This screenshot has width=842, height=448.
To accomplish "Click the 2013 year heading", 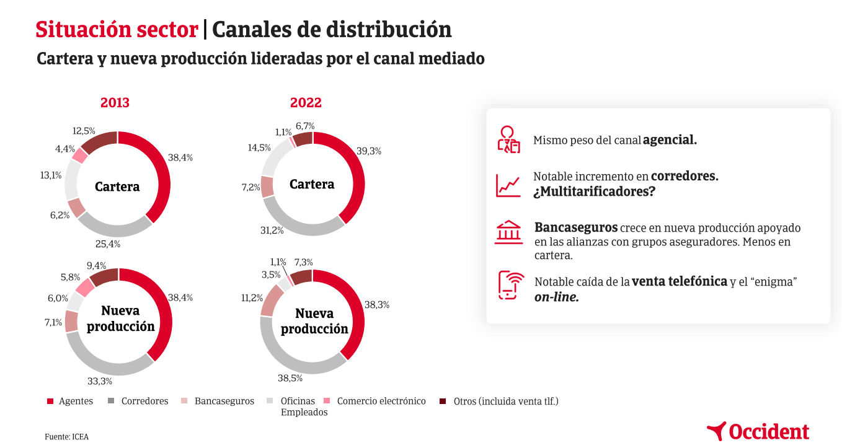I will click(115, 103).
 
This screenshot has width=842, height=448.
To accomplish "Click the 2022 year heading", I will click(306, 103).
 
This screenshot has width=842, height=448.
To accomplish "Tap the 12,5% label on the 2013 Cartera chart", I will click(84, 131).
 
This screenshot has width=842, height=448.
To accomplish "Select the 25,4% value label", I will click(107, 244).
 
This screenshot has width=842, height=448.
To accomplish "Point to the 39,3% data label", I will click(369, 151).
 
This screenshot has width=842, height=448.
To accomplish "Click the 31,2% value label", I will click(272, 231).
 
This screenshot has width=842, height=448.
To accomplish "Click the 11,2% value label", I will click(252, 298).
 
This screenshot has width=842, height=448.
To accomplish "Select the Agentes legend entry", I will click(70, 401).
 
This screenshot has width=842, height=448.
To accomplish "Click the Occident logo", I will click(758, 431).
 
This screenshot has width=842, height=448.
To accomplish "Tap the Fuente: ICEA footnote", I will click(66, 436).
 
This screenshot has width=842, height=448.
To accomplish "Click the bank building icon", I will click(508, 232).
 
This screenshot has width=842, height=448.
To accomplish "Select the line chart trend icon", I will click(508, 185).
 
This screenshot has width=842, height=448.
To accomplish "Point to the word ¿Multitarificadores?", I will click(594, 191).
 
